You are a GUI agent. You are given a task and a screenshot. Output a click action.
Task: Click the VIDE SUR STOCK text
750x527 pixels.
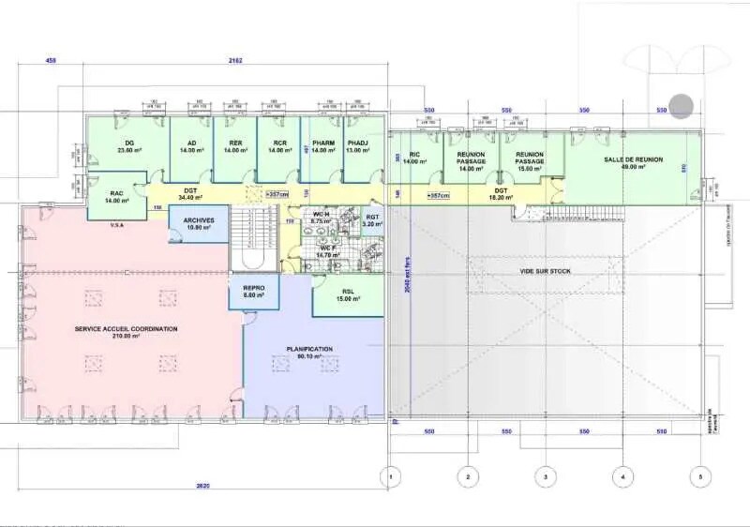click(x=545, y=271)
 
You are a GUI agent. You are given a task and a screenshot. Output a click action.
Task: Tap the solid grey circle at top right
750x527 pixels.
click(x=681, y=106)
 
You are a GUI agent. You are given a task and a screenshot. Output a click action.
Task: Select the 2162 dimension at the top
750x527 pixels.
click(x=235, y=61)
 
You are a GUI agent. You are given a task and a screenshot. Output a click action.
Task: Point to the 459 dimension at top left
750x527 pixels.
click(x=51, y=61)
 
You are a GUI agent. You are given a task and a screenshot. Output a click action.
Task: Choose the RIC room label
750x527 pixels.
click(x=413, y=156)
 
